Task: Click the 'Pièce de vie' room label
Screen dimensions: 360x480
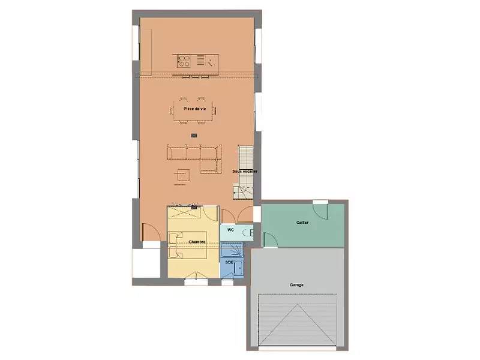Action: pos(195,109)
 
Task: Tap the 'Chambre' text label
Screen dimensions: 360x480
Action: pos(197,242)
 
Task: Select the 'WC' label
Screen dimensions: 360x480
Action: pos(230,230)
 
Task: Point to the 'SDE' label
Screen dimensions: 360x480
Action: pos(229,262)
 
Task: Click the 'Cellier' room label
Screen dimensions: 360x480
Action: pos(302,222)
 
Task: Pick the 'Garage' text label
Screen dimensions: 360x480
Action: pos(296,284)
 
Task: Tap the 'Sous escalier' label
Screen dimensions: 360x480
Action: pos(245,172)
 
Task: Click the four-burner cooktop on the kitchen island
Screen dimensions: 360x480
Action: pos(184,60)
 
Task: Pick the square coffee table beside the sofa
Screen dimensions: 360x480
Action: pos(181,175)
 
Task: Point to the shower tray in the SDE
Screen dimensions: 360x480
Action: pos(229,250)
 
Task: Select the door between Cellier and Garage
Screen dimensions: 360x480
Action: pos(270,240)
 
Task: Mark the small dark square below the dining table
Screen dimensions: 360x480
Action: pos(193,136)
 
